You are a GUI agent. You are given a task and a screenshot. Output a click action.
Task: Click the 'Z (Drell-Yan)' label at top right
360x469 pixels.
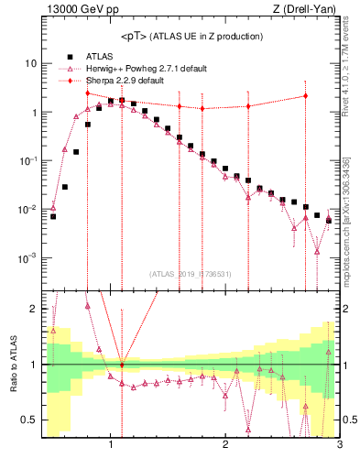point(308,10)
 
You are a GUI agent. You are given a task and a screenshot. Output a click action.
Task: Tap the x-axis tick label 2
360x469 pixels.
point(225,446)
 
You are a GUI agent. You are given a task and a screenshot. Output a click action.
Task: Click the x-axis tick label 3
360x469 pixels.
point(339,446)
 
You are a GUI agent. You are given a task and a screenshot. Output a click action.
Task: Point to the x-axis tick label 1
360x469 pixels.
point(111,446)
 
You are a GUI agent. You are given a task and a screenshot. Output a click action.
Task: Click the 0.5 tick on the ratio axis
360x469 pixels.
point(29,420)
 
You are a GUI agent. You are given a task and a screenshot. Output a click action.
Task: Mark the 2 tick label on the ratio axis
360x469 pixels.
point(33,309)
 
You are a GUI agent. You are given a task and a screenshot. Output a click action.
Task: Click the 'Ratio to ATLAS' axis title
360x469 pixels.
point(11,364)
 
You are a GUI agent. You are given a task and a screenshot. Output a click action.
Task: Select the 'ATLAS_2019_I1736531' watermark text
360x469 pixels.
point(191,274)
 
